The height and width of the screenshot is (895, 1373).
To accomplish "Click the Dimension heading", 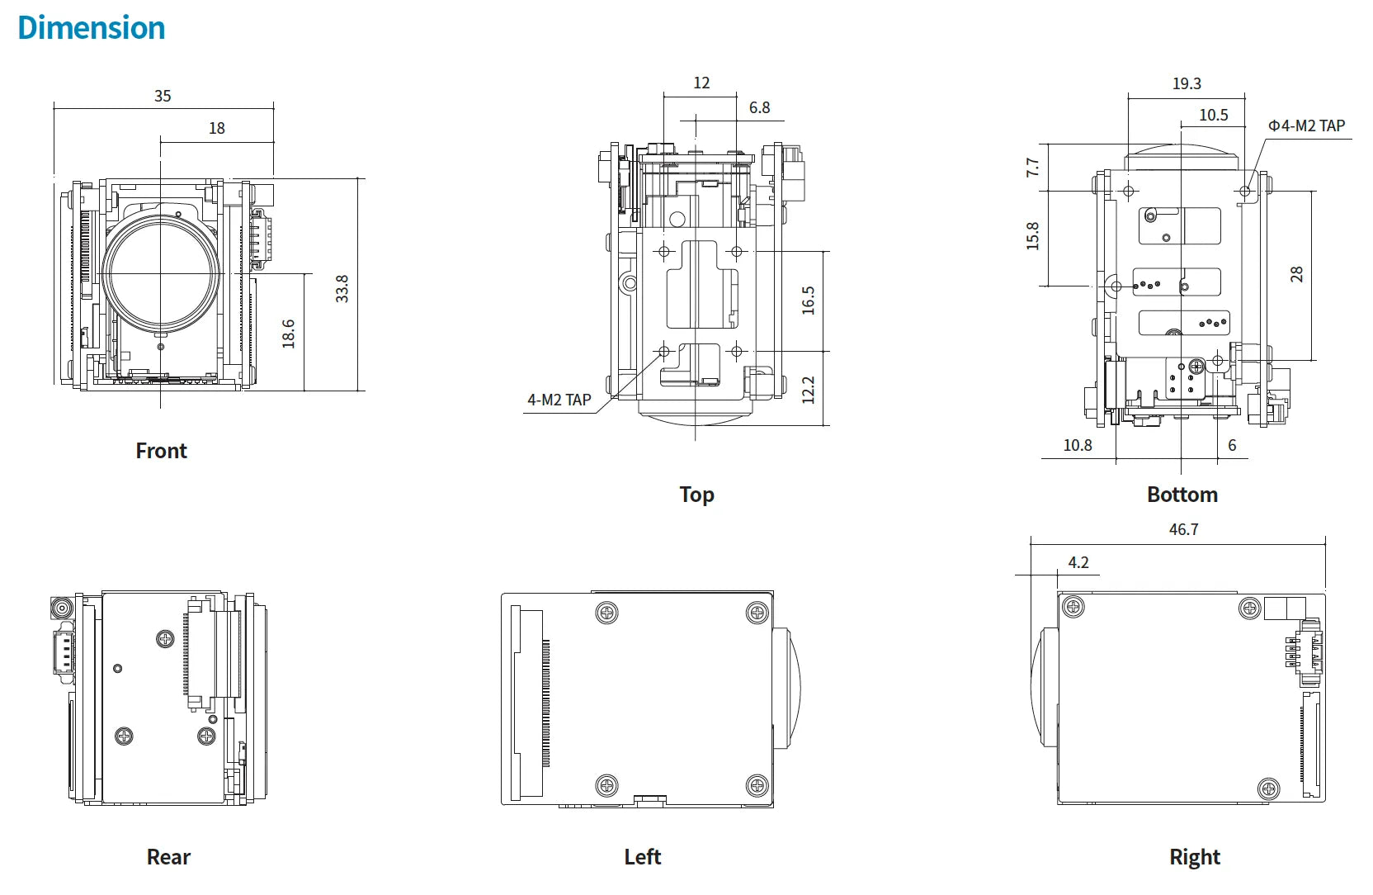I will coord(91,28).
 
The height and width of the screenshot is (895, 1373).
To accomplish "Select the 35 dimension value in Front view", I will coord(163,96).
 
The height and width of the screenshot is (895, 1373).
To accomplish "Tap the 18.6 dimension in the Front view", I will coord(288,334).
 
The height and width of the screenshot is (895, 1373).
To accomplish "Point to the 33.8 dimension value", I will coord(342,289).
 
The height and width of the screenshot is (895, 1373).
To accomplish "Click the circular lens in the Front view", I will coord(162,272).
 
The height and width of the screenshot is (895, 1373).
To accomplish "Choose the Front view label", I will coord(161,451).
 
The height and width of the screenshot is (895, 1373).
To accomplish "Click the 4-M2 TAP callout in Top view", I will coord(559,400).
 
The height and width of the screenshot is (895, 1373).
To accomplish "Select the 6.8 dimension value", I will coord(759,107).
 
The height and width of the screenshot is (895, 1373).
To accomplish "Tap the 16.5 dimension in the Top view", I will coord(808,301).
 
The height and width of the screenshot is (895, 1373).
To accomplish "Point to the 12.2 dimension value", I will coord(808,390).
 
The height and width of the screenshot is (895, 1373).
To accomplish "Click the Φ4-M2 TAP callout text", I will coord(1306,125).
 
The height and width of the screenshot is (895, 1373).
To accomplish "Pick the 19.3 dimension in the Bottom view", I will coord(1187,83).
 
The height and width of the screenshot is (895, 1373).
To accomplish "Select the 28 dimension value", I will coord(1296,274).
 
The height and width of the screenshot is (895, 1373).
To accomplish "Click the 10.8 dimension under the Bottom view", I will coord(1077,445).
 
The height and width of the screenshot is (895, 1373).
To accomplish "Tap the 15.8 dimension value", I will coord(1032,236).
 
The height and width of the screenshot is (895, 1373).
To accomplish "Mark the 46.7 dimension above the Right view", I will coord(1183,529).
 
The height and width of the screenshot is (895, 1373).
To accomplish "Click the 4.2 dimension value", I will coord(1078,562).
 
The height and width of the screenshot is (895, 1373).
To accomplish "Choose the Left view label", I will coord(642,857).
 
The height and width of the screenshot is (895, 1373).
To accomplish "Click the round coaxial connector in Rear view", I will coord(62,609).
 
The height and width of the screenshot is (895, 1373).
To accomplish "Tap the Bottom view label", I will coord(1182,495).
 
